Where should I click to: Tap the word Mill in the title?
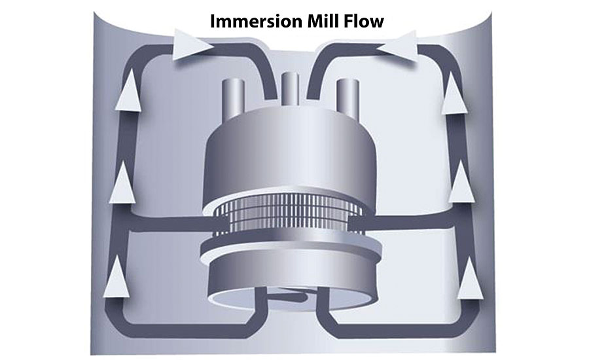click(326, 21)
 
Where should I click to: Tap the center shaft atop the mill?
click(289, 89)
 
